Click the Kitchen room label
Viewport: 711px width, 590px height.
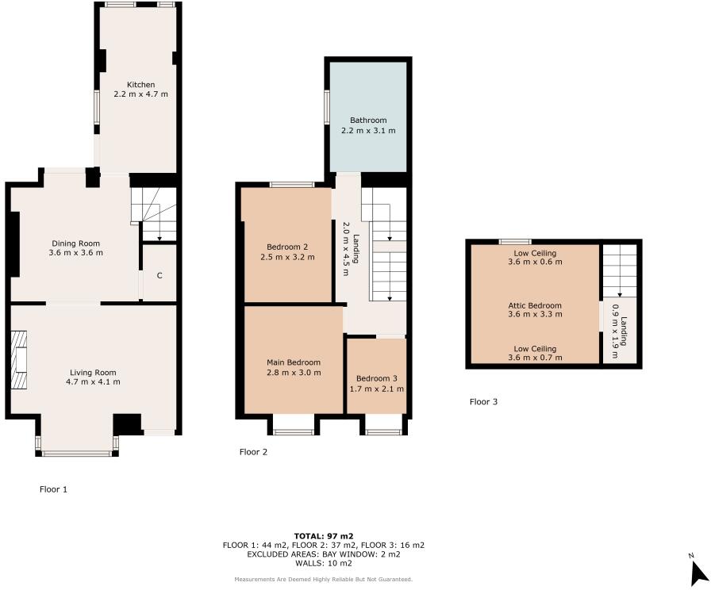(141, 84)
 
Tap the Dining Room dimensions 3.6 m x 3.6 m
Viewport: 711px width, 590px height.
(76, 253)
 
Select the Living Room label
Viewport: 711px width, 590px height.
(93, 372)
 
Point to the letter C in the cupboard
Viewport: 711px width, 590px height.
(159, 275)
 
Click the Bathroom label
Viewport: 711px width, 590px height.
(367, 121)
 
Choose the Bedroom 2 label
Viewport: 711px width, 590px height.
(283, 247)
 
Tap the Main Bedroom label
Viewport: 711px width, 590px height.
(293, 362)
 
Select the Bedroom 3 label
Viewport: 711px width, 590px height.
(377, 378)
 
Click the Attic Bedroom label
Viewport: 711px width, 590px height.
(535, 305)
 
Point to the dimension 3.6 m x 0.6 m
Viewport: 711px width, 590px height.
(535, 262)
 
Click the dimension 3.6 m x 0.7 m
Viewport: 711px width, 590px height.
(535, 358)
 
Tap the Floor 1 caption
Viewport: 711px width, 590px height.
(53, 489)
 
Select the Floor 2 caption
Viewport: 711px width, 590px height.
(253, 452)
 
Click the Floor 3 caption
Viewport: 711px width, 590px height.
(483, 402)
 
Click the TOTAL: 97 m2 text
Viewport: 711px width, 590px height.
(324, 536)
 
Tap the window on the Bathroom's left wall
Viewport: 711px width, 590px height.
(326, 106)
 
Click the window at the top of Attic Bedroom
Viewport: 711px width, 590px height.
(515, 241)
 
